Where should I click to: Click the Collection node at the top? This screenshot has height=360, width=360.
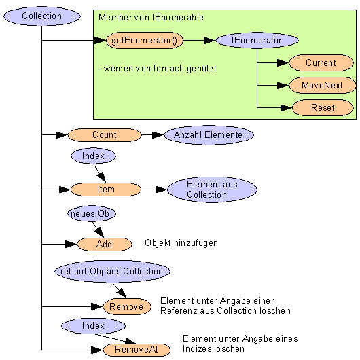[x=42, y=16]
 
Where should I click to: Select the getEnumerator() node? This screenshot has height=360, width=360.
[x=145, y=40]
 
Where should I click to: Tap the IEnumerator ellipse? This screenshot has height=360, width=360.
[x=257, y=40]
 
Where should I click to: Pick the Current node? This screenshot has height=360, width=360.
[x=321, y=62]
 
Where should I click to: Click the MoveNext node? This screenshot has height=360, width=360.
[x=322, y=85]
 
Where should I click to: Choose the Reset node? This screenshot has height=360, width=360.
[x=323, y=107]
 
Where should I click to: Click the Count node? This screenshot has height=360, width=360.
[x=105, y=134]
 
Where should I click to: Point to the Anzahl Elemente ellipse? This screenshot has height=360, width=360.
[x=209, y=134]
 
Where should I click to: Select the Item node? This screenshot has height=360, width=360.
[x=106, y=190]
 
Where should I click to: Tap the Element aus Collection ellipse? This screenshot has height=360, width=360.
[x=212, y=190]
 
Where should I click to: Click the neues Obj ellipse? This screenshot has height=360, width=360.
[x=92, y=213]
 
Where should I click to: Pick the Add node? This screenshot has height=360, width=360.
[x=105, y=244]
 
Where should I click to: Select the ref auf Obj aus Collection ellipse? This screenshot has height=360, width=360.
[x=112, y=272]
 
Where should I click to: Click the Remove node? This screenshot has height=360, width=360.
[x=127, y=306]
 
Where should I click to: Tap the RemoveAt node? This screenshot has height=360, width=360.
[x=137, y=350]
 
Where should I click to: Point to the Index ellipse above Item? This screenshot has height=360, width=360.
[x=93, y=156]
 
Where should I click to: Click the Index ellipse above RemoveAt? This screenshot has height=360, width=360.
[x=93, y=326]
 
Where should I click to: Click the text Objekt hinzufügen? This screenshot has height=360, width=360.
[x=181, y=243]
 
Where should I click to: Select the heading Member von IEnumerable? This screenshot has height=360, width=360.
[x=151, y=17]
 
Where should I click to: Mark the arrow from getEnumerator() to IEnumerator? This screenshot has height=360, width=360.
[x=199, y=40]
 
